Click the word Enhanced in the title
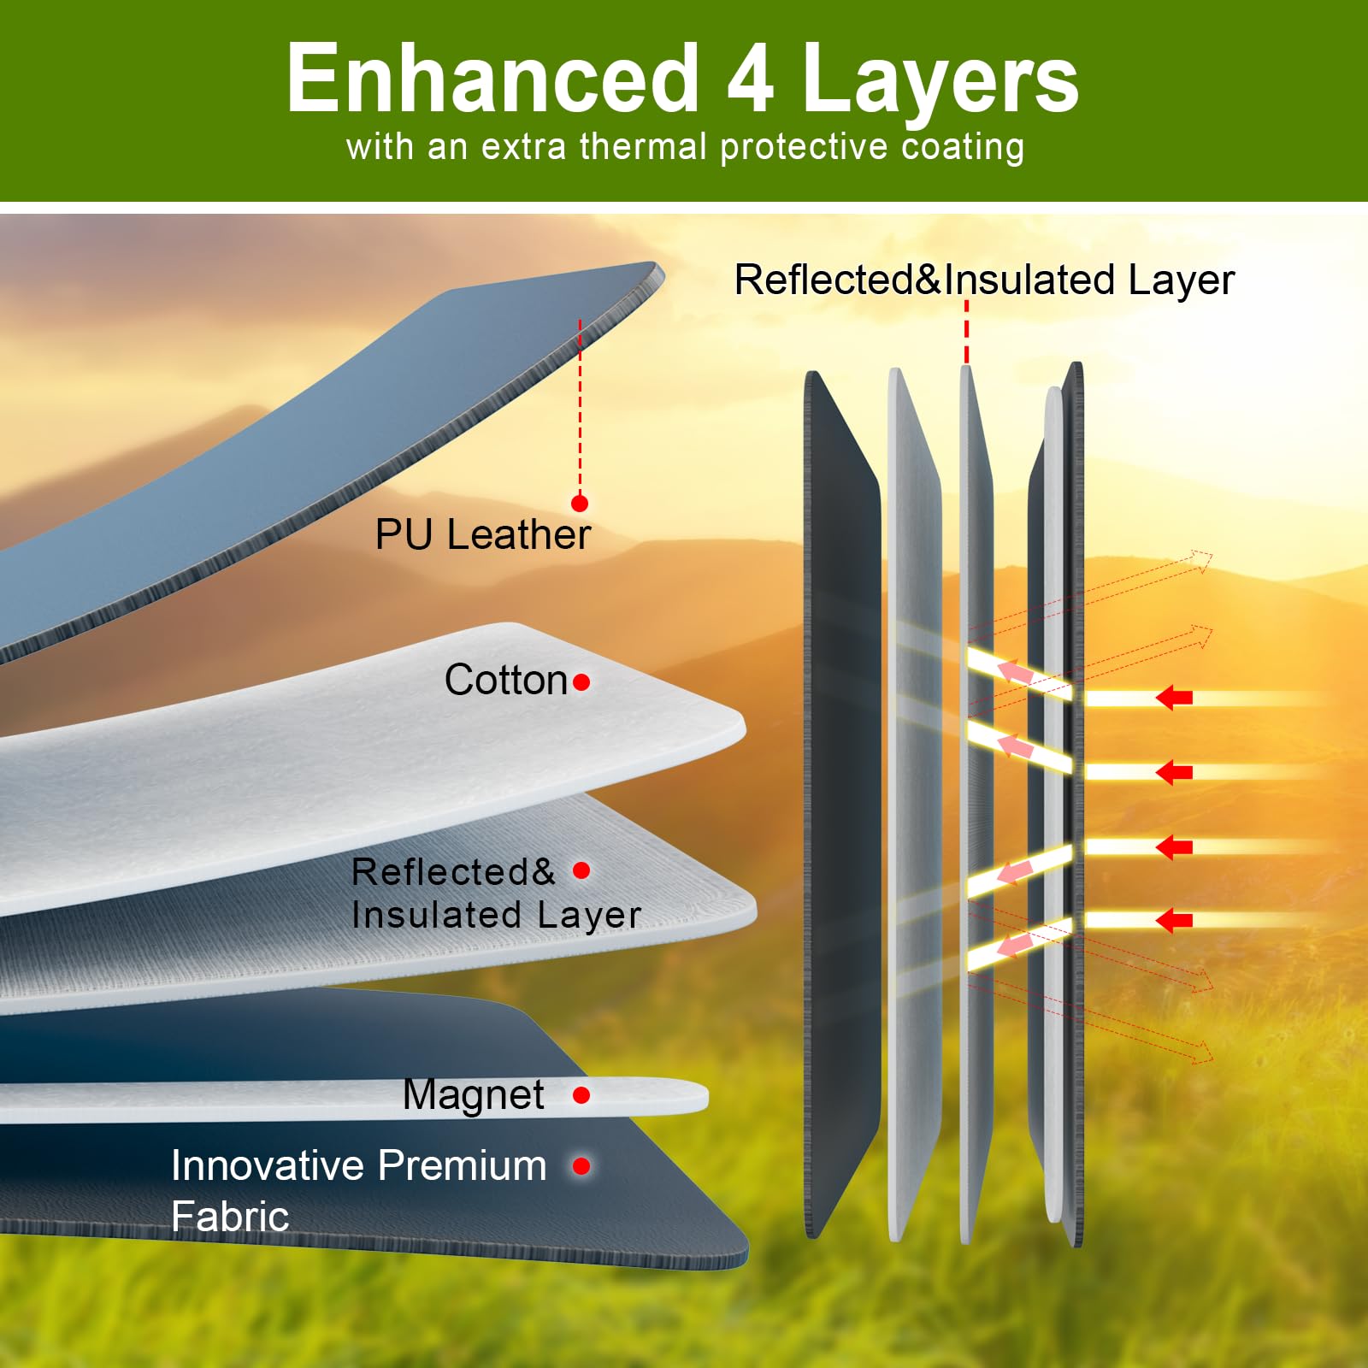tap(492, 79)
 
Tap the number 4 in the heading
tap(752, 80)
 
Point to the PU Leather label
tap(483, 534)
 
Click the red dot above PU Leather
tap(580, 503)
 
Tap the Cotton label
tap(506, 680)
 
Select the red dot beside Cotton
tap(581, 682)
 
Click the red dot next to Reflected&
tap(581, 870)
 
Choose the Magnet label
tap(474, 1095)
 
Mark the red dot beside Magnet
tap(581, 1095)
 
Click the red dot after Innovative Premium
tap(581, 1165)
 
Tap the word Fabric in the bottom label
tap(230, 1216)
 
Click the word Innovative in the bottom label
tap(268, 1165)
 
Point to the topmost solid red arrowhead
tap(1174, 698)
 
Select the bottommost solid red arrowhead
tap(1174, 921)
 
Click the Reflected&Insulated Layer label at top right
tap(984, 280)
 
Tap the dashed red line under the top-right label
tap(967, 332)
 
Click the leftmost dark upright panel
tap(842, 804)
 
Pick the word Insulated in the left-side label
tap(433, 915)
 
